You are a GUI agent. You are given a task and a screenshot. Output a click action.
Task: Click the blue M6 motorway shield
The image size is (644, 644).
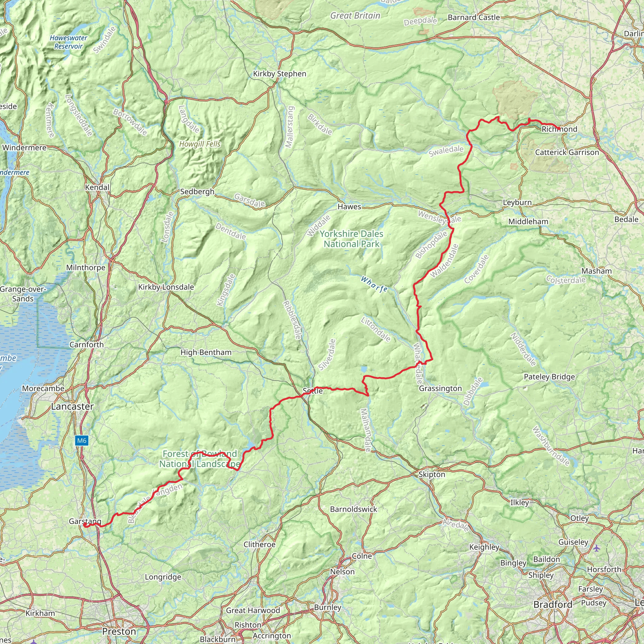pos(82,441)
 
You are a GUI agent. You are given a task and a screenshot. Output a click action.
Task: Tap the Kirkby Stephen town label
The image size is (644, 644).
pos(279,74)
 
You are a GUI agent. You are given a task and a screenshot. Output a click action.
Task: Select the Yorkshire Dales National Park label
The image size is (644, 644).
pos(351,239)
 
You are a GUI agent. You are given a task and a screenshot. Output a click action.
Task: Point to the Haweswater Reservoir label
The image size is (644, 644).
pos(68,42)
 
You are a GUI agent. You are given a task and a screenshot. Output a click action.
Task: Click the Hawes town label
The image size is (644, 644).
pos(349,207)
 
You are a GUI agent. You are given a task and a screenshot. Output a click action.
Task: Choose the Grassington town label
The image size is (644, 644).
pos(440,388)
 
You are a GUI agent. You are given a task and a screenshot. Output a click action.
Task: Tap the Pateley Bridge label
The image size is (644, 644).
pos(549,377)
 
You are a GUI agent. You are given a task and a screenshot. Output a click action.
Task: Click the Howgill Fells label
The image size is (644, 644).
pos(200,144)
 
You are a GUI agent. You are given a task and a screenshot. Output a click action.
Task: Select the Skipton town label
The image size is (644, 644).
pos(431,474)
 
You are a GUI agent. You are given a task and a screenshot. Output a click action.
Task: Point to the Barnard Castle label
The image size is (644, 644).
pos(473,17)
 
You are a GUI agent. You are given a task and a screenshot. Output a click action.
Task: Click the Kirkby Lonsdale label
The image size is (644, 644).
pos(166,287)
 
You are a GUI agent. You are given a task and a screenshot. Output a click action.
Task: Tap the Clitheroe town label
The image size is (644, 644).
pos(259,544)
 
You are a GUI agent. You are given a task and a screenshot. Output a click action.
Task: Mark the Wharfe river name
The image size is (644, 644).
pos(374,284)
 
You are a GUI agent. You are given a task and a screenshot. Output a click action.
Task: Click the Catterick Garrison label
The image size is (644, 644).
pos(567,152)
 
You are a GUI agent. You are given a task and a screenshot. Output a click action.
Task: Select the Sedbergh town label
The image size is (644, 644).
pos(197,192)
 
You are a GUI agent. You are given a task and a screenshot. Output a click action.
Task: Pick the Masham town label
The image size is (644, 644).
pos(596,271)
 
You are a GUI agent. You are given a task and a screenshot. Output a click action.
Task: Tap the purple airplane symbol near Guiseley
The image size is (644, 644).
pos(596,548)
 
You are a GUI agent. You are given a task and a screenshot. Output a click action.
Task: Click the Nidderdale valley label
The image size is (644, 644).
pos(523,349)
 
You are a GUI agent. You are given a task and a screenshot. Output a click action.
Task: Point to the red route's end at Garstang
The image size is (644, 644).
pos(85,526)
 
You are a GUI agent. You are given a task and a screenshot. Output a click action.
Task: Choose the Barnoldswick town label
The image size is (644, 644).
pos(353,509)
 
